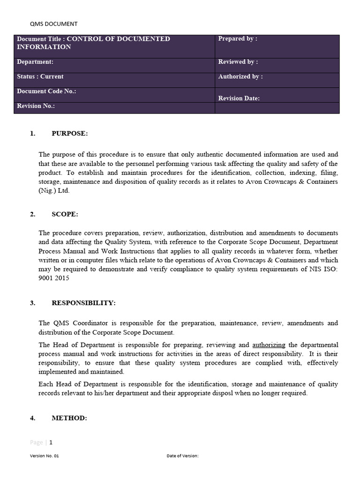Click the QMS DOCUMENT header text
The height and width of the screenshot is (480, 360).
54,24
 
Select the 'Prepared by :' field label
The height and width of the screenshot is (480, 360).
238,39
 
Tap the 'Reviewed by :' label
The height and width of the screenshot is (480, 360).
238,62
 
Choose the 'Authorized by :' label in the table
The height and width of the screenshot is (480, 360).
240,76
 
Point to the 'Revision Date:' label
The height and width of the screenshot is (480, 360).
239,98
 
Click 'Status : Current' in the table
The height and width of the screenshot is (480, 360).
40,76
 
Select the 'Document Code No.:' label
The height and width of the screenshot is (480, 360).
46,91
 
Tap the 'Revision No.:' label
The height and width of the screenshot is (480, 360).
36,106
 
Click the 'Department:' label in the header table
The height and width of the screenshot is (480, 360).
35,62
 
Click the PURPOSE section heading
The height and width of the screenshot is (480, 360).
69,134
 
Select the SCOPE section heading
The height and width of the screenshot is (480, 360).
65,214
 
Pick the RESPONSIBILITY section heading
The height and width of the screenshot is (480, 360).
83,303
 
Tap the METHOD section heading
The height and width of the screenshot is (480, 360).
69,418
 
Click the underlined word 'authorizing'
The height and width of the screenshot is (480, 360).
269,345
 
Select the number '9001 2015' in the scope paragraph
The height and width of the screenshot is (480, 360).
54,278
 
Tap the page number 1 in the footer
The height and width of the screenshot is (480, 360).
51,442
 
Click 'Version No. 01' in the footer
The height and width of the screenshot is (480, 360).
45,456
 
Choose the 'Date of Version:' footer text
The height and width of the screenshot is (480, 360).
183,456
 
